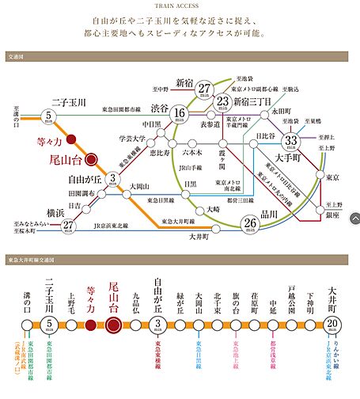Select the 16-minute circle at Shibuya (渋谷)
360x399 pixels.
coord(180,116)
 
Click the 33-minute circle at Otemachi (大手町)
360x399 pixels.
coord(290,140)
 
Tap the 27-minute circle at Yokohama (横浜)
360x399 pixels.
coord(70,225)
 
